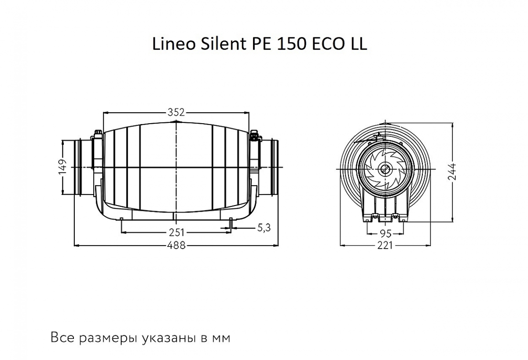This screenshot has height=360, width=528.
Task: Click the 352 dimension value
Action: point(176,111)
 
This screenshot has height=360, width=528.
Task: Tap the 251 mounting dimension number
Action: point(177,232)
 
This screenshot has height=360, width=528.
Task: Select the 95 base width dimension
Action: point(385,232)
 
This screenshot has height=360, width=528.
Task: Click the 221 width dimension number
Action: point(385,245)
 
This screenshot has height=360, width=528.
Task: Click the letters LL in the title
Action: point(356,44)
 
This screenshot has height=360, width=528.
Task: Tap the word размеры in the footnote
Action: point(109,338)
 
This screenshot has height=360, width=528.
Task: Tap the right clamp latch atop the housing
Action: point(255,136)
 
